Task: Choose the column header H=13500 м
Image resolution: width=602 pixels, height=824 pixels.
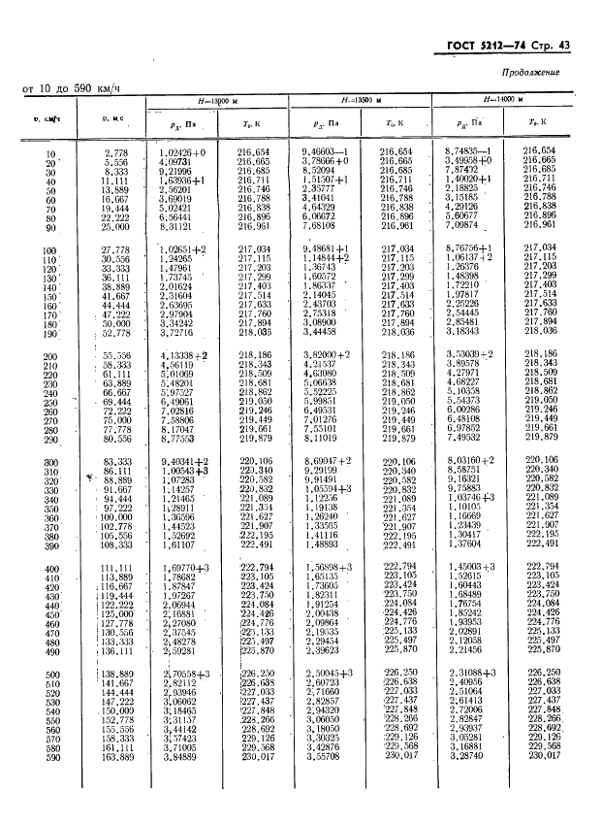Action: point(361,100)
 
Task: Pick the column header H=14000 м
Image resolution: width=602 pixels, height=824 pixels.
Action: point(501,100)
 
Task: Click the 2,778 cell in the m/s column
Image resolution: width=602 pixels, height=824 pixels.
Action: point(116,152)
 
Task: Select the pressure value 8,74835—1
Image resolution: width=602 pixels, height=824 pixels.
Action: point(468,152)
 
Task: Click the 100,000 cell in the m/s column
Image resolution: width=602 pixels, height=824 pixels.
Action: point(115,517)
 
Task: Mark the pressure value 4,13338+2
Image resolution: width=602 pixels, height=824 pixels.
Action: point(182,356)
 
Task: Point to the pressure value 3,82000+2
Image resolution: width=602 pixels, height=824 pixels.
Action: point(328,356)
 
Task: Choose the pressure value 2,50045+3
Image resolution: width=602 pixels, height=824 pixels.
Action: point(329,673)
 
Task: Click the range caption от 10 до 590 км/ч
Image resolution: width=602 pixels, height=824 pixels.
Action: point(70,90)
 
